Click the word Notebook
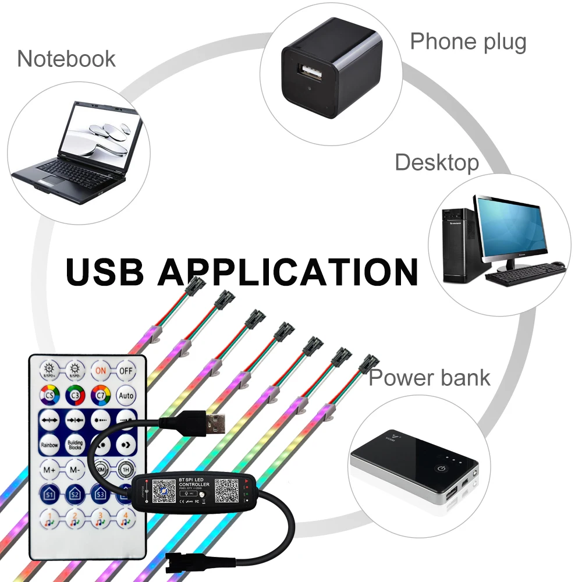[x=66, y=59]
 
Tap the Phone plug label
[x=468, y=42]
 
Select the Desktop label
[x=436, y=162]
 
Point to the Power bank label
[x=430, y=378]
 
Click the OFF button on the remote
[x=126, y=370]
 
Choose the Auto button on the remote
[x=126, y=395]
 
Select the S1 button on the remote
[x=49, y=494]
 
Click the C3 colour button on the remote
[x=75, y=395]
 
